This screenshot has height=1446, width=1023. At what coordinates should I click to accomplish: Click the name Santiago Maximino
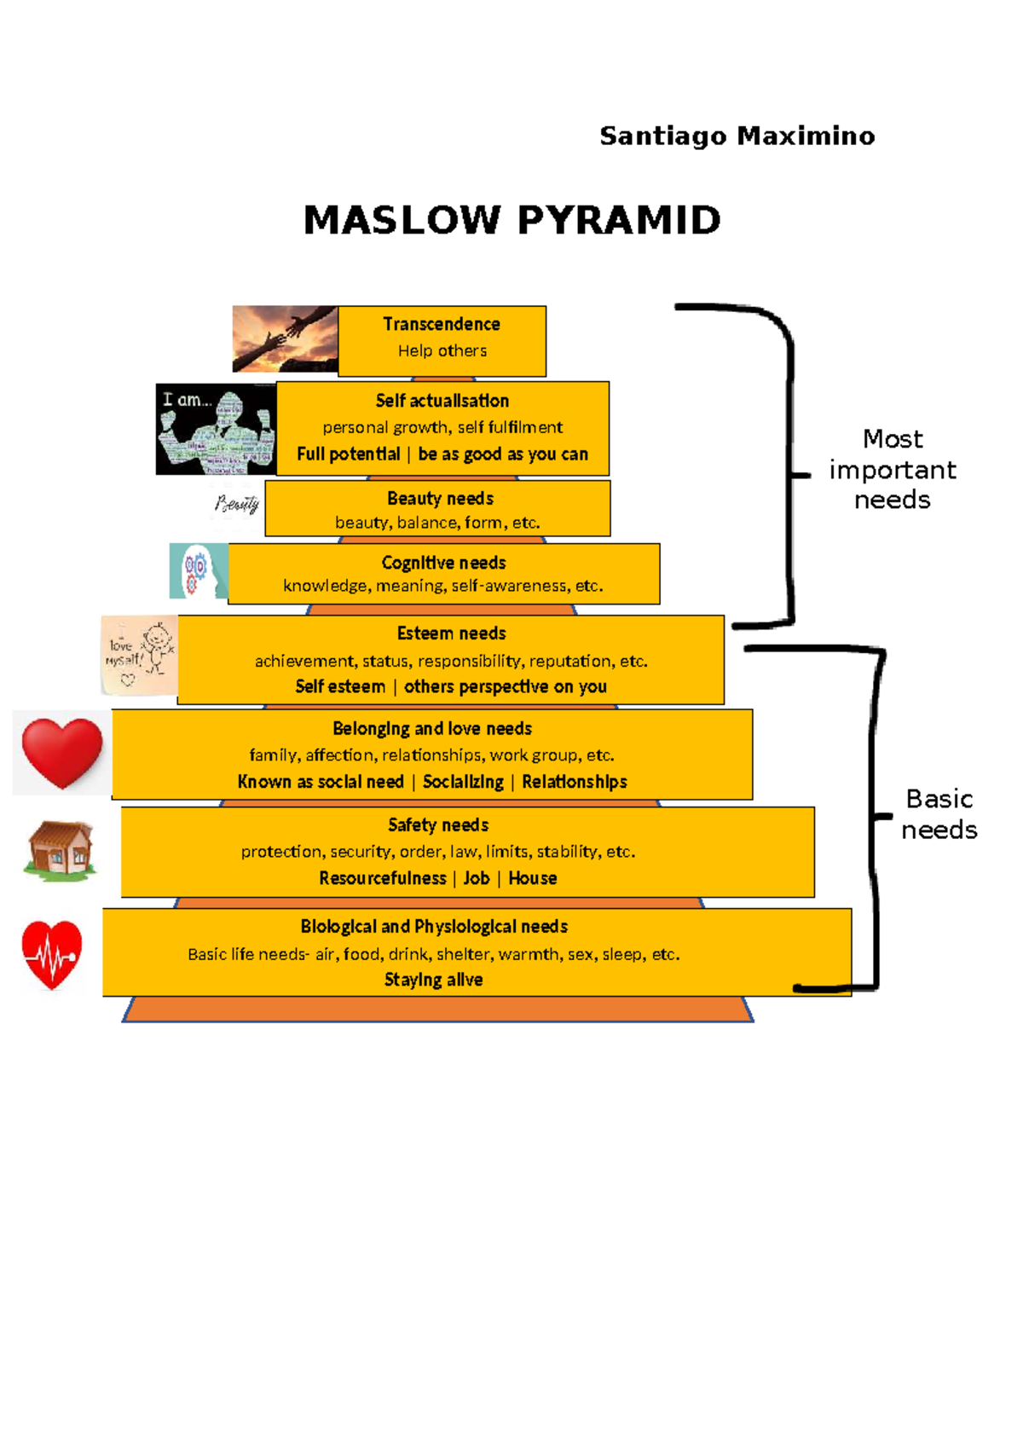737,136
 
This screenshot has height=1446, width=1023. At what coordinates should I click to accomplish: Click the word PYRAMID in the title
619,221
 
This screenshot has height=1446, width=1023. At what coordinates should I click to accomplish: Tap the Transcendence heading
442,324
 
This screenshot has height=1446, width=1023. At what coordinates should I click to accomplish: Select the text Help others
442,350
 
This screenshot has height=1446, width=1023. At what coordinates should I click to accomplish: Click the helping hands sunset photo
285,338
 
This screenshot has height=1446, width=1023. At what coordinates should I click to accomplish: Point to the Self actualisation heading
442,401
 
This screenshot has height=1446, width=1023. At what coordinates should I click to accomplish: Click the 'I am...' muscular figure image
216,429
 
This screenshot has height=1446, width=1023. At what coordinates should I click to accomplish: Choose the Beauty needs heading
440,499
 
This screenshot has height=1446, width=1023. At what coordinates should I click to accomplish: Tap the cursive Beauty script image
237,504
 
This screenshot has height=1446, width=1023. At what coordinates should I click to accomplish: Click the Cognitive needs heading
443,563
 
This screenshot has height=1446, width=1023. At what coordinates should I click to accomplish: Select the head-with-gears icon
198,571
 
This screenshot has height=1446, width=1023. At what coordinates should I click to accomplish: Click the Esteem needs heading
451,633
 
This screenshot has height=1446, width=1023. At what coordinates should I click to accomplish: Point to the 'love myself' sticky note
139,656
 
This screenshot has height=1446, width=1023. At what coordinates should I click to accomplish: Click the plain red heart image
61,752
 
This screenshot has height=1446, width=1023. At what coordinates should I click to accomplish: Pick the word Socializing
463,782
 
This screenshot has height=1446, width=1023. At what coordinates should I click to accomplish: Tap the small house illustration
60,849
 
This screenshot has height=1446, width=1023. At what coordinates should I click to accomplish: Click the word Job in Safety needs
476,878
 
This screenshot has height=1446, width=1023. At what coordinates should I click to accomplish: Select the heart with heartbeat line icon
52,955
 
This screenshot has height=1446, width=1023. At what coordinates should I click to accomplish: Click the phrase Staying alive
433,980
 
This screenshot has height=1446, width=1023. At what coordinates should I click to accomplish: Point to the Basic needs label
939,814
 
